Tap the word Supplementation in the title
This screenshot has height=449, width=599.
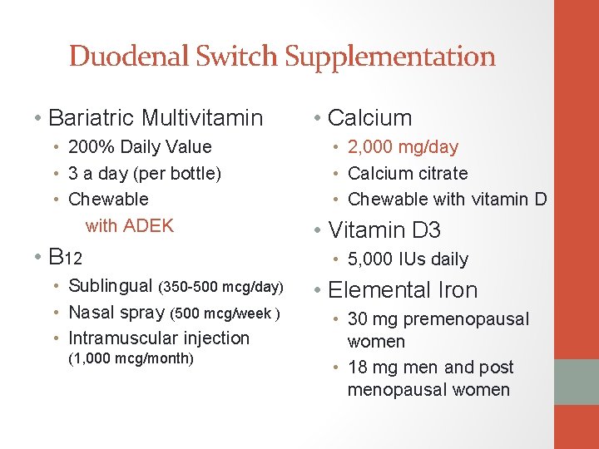(x=390, y=57)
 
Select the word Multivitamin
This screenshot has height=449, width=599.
(x=203, y=118)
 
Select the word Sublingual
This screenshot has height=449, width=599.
(x=111, y=286)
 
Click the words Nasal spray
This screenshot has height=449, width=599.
(x=116, y=313)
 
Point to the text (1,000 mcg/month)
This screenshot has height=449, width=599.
(x=131, y=358)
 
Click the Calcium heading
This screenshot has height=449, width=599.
(x=369, y=118)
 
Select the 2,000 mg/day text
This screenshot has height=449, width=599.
(x=403, y=147)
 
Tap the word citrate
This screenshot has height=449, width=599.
(x=438, y=174)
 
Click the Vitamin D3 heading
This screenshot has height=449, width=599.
(x=384, y=229)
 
